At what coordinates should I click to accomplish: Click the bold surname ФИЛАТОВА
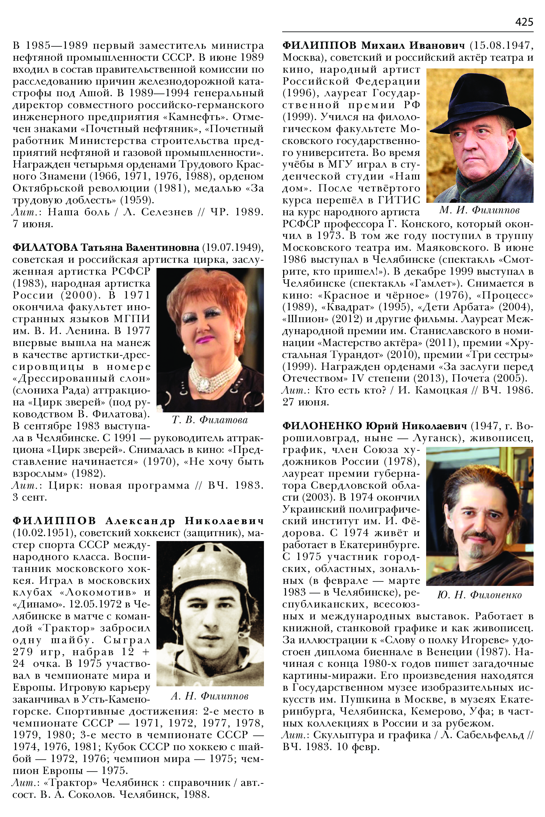click(45, 247)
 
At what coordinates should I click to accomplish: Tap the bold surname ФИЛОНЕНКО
click(322, 426)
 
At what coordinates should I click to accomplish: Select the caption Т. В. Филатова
click(210, 420)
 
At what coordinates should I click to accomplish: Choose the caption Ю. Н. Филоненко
click(479, 595)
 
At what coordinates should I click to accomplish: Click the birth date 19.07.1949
click(231, 247)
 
